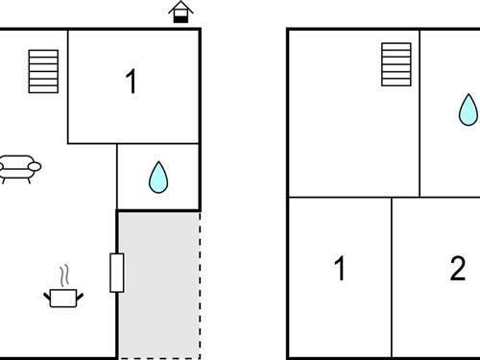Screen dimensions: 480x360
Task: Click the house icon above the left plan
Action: pyautogui.click(x=179, y=12)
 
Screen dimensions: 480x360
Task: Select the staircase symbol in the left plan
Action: pyautogui.click(x=44, y=71)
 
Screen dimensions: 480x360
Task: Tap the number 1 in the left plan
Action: pyautogui.click(x=132, y=83)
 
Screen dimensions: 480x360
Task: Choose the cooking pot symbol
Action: pyautogui.click(x=64, y=296)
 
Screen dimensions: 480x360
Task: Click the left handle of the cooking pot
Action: pyautogui.click(x=48, y=293)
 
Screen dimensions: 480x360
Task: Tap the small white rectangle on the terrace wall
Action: pyautogui.click(x=116, y=273)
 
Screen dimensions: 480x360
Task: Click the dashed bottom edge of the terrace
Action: pyautogui.click(x=158, y=358)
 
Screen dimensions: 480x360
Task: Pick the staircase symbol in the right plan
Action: pyautogui.click(x=396, y=63)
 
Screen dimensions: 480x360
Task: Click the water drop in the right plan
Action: pyautogui.click(x=467, y=109)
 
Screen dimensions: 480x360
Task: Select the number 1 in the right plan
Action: pyautogui.click(x=339, y=270)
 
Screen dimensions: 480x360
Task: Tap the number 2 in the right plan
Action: pyautogui.click(x=457, y=270)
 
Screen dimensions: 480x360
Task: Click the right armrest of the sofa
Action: pyautogui.click(x=36, y=167)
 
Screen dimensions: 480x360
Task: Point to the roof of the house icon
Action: pyautogui.click(x=179, y=7)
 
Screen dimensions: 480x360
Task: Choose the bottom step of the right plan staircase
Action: pyautogui.click(x=396, y=81)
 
